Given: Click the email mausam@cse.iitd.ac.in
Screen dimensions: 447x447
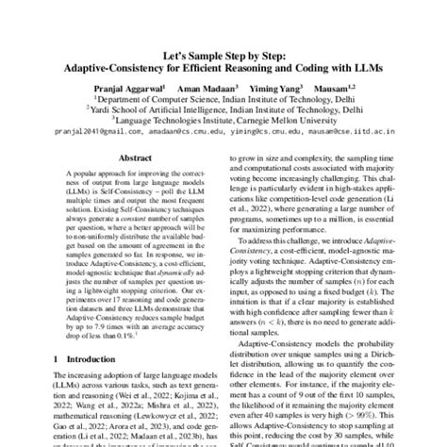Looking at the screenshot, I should tap(339, 134).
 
